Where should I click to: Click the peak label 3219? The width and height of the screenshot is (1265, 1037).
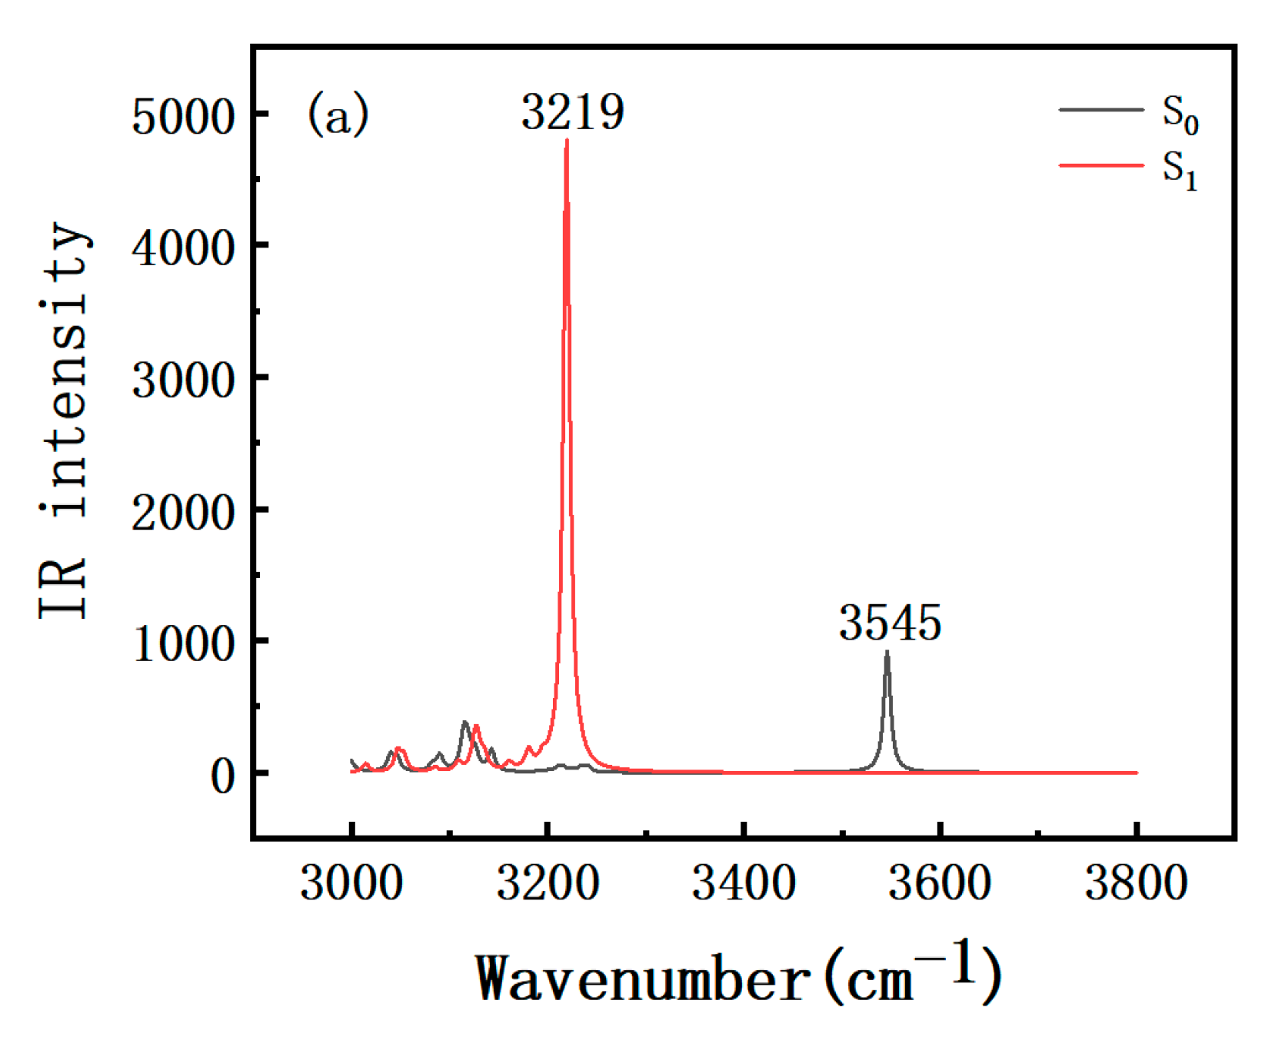[572, 112]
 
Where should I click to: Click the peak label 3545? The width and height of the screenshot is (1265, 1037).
[890, 623]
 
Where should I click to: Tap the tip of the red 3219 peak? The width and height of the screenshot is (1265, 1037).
[567, 141]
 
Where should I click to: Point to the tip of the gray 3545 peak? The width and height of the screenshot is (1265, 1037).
[887, 653]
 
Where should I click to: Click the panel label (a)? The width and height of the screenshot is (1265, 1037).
[338, 115]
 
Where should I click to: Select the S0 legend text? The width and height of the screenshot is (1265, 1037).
[1180, 115]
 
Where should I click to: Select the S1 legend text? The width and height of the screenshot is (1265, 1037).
[1180, 169]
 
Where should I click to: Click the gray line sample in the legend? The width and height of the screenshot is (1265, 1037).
[1101, 110]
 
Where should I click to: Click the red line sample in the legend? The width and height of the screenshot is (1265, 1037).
[1101, 165]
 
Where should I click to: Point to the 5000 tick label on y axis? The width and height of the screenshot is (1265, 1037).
[182, 118]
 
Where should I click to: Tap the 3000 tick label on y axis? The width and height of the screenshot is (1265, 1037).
[182, 381]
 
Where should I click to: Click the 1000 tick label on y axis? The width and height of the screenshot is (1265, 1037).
[182, 644]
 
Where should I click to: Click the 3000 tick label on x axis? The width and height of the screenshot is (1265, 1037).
[351, 882]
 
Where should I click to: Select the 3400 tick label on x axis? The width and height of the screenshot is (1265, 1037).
[744, 882]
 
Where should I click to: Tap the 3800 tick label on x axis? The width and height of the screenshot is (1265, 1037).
[1136, 882]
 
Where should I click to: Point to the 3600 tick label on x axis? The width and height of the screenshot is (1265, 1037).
[939, 882]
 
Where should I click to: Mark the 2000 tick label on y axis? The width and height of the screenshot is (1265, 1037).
[182, 513]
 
